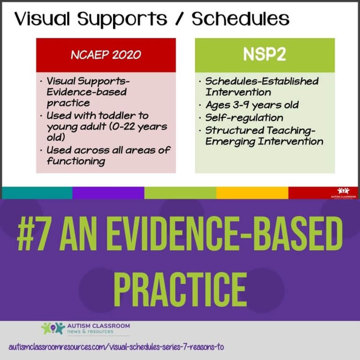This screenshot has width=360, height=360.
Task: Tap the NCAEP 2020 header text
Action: pyautogui.click(x=106, y=54)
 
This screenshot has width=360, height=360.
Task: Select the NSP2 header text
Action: pyautogui.click(x=264, y=54)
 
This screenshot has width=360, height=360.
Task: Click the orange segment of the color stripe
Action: pyautogui.click(x=252, y=193)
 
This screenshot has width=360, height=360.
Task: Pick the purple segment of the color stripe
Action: pyautogui.click(x=108, y=193)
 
